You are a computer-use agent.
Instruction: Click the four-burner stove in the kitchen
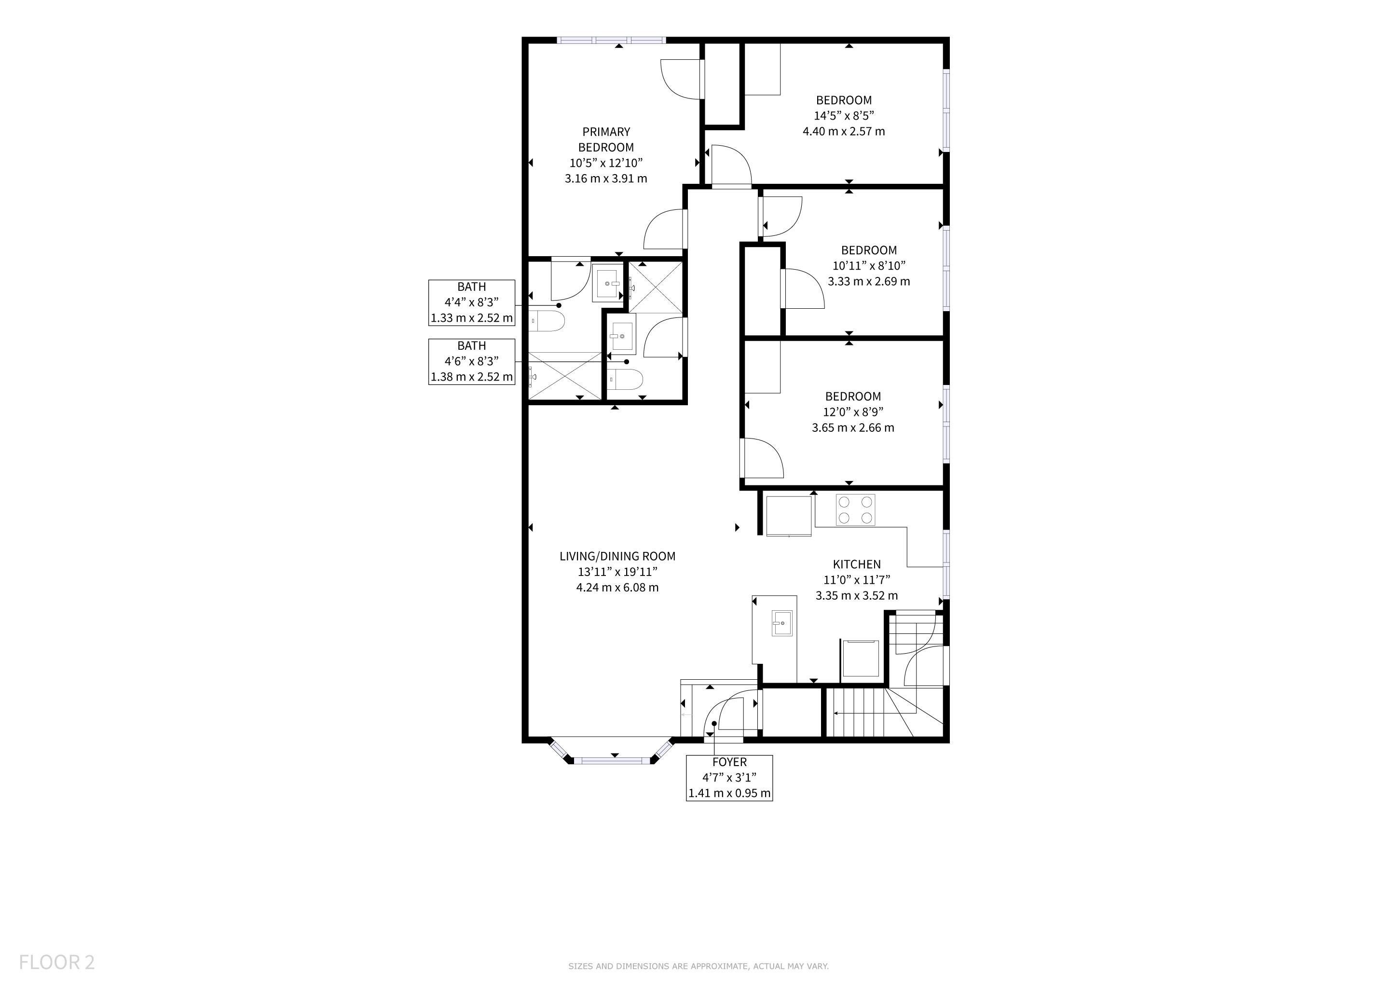855,510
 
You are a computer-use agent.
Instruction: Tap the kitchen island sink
782,623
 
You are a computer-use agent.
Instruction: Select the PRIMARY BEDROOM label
606,139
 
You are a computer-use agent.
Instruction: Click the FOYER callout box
729,778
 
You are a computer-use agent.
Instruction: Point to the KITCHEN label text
857,564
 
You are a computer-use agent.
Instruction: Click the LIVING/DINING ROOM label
617,556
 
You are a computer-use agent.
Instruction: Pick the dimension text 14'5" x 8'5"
844,116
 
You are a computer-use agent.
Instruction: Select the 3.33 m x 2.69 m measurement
869,281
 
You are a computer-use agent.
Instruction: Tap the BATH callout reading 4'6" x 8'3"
472,361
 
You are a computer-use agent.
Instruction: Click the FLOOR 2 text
56,962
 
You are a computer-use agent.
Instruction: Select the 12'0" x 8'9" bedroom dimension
853,412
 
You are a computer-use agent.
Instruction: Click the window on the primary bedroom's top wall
612,40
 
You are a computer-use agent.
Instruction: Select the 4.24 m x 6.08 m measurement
617,587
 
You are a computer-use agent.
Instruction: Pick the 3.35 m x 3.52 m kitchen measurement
857,596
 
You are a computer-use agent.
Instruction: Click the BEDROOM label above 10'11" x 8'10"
869,250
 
